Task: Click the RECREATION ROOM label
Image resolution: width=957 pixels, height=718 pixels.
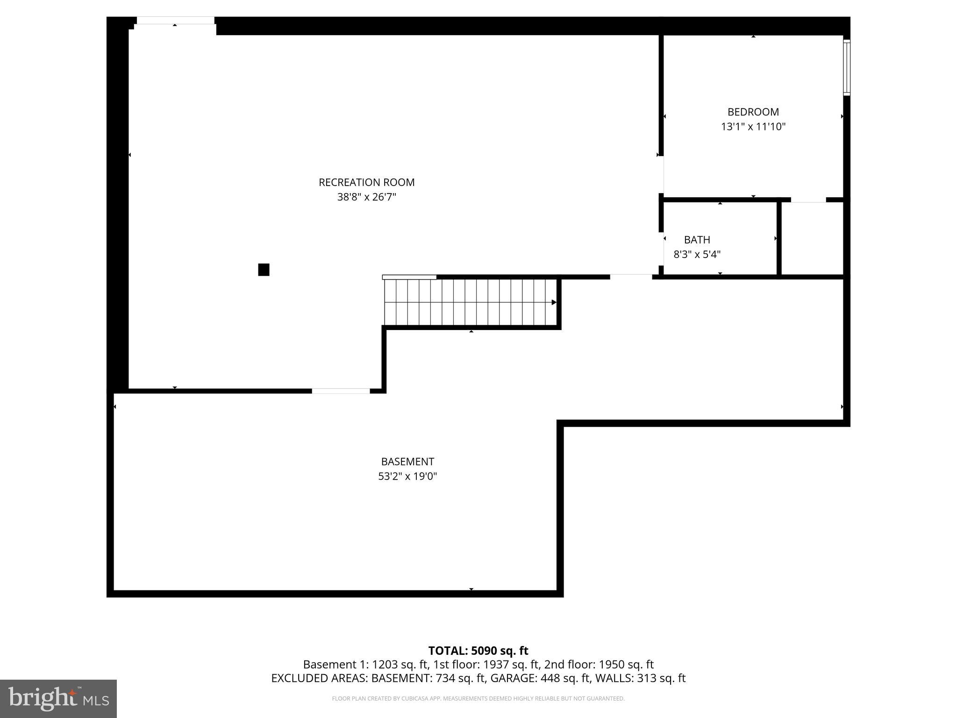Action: (366, 182)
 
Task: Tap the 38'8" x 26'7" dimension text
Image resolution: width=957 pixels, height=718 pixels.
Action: (366, 197)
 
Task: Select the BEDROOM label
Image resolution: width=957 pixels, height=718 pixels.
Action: (753, 112)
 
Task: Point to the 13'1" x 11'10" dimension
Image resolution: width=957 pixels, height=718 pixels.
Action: (753, 127)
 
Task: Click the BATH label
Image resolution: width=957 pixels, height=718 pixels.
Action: (697, 240)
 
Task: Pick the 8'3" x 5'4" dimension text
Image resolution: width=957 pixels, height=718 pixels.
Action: (697, 255)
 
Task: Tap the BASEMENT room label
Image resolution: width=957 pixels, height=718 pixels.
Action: (407, 462)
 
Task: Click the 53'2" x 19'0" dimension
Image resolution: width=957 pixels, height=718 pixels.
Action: (407, 476)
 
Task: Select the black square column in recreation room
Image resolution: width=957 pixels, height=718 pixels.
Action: (264, 270)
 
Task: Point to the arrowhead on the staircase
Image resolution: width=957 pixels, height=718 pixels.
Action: (554, 302)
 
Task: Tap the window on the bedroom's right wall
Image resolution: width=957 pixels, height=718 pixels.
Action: (846, 68)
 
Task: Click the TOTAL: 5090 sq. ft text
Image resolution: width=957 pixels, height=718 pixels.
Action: (478, 651)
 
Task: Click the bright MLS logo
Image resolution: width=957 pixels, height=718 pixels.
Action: (58, 698)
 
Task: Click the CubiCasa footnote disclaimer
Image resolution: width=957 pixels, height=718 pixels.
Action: (478, 699)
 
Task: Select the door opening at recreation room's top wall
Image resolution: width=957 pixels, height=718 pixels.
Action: (175, 21)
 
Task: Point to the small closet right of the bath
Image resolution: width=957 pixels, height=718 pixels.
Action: (812, 238)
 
